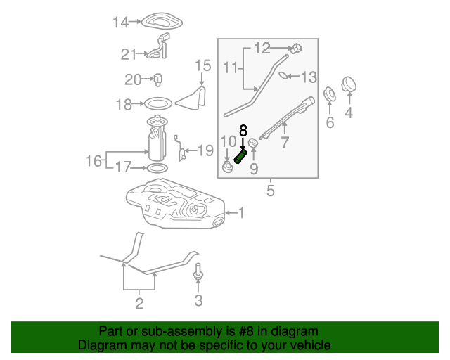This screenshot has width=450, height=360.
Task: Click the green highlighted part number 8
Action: pos(240,157)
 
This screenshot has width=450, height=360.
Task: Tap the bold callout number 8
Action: pos(243,131)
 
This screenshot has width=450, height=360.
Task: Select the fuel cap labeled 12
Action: pos(296,49)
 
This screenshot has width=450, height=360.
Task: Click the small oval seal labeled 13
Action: pos(283,75)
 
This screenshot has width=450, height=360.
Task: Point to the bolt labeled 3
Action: pos(198,272)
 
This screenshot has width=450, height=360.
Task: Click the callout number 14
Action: pos(120,22)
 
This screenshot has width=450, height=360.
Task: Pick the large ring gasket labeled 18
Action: pos(157,103)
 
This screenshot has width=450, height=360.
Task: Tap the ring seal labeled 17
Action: pos(157,168)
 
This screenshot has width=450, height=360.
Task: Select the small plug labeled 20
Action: pos(157,79)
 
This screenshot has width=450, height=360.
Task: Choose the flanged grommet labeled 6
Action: pos(330,94)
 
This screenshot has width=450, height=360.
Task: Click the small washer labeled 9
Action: pos(253,143)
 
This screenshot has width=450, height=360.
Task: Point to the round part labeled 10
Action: pos(228,167)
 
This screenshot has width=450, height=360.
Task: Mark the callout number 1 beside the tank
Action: pos(241,213)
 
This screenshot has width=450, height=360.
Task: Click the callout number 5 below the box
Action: pos(271,191)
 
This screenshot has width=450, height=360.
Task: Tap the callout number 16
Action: pos(94,161)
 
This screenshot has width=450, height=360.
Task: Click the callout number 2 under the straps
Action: pos(139,304)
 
